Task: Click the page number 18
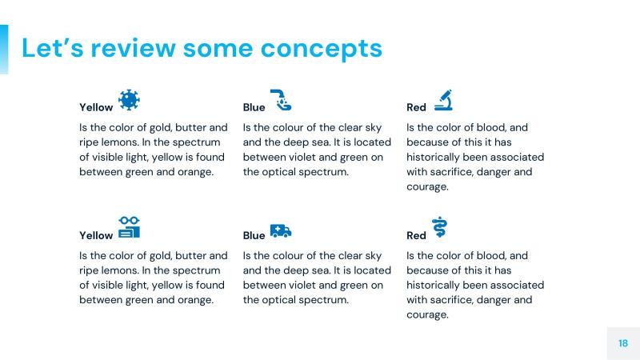(x=623, y=343)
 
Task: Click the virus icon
(x=129, y=100)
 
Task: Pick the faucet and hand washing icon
(x=281, y=100)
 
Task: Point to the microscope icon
(x=443, y=100)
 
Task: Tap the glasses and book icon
(x=129, y=227)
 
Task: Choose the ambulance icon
(x=281, y=230)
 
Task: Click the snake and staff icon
(x=439, y=227)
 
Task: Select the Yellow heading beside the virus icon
(x=96, y=107)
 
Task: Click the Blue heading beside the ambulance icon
(x=254, y=235)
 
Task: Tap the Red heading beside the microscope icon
(x=416, y=107)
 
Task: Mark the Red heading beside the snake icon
(x=416, y=235)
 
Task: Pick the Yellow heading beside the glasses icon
(x=96, y=235)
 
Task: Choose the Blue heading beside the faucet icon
(x=254, y=107)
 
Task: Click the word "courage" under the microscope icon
(x=426, y=187)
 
